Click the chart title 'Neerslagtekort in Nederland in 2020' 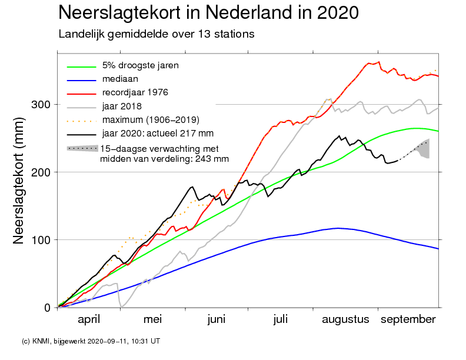(208, 12)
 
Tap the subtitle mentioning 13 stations (157, 34)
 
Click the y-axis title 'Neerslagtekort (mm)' (18, 181)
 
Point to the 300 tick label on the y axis (41, 105)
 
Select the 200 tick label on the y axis (41, 172)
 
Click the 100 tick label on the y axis (41, 239)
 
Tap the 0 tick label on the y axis (47, 308)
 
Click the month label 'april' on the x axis (89, 320)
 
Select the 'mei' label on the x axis (152, 319)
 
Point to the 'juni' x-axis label (217, 320)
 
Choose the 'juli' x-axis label (280, 320)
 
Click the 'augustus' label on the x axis (345, 320)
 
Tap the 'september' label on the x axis (408, 320)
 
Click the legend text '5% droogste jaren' (140, 66)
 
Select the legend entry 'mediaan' (120, 79)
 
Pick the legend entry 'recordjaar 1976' (135, 93)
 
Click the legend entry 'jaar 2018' (122, 106)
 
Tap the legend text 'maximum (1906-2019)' (151, 120)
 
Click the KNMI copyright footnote (91, 341)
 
